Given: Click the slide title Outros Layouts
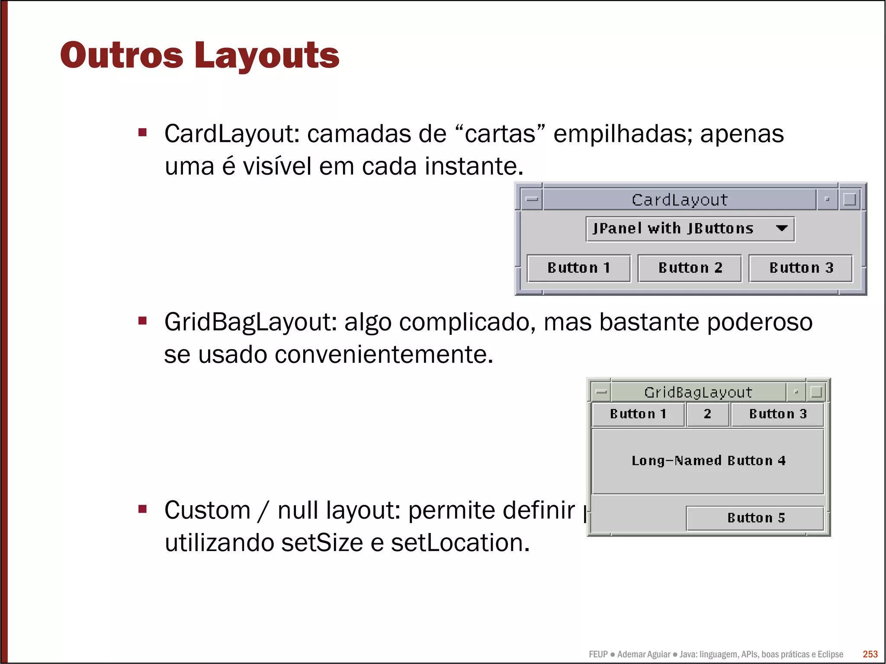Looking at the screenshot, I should (x=199, y=55).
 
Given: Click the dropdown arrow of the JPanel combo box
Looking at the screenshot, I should (x=781, y=228).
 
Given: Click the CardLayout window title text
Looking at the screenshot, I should (x=679, y=200).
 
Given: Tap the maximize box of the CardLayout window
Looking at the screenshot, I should (x=850, y=199).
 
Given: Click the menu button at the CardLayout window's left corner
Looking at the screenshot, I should (x=531, y=199).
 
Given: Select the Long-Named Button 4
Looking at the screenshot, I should (x=708, y=461).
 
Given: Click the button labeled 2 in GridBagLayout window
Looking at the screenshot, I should (x=707, y=414).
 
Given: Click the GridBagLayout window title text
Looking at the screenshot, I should (x=698, y=392).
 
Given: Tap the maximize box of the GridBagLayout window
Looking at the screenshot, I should (x=816, y=392).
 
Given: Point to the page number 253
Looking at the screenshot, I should (x=870, y=654).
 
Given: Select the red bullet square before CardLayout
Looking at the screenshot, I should (x=142, y=132).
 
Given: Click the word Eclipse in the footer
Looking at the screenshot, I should (x=830, y=654).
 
